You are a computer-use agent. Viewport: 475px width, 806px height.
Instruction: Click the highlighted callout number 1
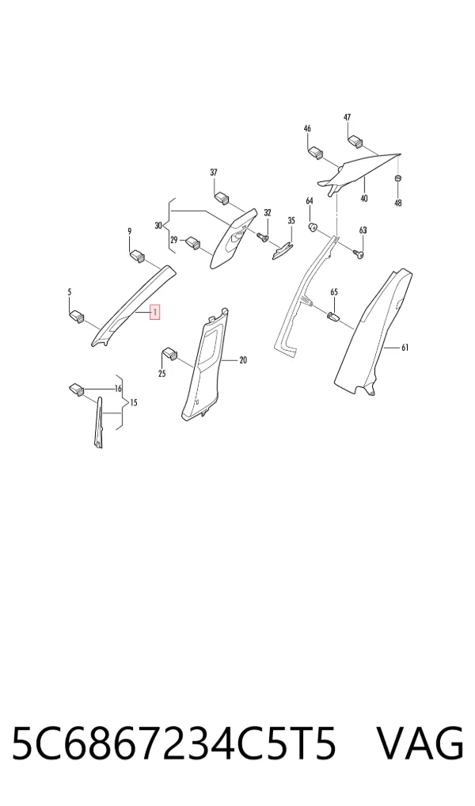[x=154, y=312]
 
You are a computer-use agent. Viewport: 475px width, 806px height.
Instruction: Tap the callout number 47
[x=347, y=117]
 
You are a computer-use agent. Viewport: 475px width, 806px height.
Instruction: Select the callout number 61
[x=405, y=348]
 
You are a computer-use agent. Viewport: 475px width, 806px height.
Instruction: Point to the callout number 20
[x=243, y=360]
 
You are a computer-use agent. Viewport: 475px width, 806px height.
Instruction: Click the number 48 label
[x=398, y=203]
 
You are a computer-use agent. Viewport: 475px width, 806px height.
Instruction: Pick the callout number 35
[x=291, y=221]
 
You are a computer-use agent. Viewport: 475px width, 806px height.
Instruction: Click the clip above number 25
[x=169, y=354]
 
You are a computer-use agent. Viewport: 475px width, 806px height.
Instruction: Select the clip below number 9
[x=137, y=255]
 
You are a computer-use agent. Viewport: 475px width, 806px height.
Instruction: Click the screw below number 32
[x=263, y=237]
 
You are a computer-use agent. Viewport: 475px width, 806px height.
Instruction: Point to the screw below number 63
[x=359, y=253]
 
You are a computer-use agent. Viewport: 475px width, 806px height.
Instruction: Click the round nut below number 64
[x=311, y=226]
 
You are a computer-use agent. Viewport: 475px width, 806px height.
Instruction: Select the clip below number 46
[x=315, y=153]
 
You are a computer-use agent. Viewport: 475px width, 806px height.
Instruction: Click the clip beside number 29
[x=193, y=242]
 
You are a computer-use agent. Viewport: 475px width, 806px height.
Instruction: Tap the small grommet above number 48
[x=397, y=178]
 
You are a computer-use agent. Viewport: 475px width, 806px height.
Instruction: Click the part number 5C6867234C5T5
[x=174, y=743]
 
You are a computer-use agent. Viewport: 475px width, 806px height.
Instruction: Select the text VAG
[x=420, y=743]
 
